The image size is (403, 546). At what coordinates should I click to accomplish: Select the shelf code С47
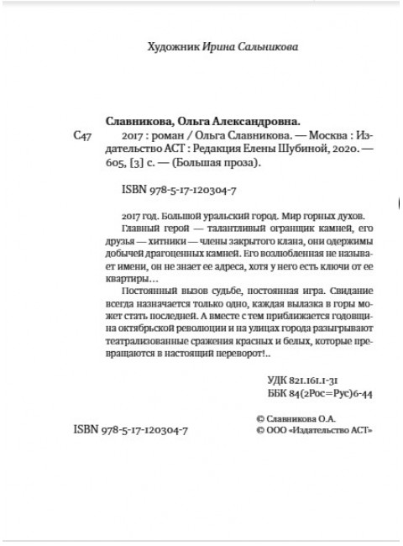coord(84,135)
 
